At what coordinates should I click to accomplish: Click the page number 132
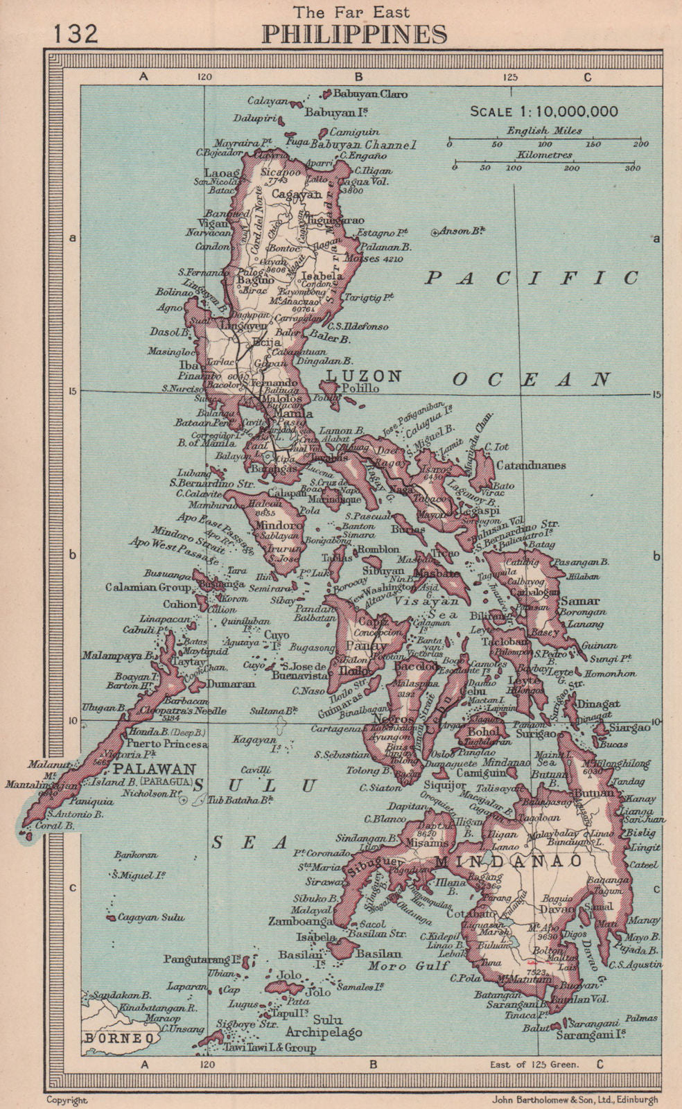click(x=74, y=33)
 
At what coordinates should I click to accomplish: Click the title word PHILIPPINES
click(x=354, y=35)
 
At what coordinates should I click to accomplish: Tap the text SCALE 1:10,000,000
click(x=544, y=112)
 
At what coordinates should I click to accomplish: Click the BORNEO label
click(x=119, y=1038)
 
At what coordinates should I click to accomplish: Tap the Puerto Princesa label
click(x=167, y=744)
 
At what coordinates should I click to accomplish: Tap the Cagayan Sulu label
click(x=151, y=917)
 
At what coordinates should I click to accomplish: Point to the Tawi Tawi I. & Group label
click(x=269, y=1047)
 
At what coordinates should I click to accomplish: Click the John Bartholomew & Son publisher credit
click(x=575, y=1099)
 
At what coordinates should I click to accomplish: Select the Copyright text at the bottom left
click(x=67, y=1099)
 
